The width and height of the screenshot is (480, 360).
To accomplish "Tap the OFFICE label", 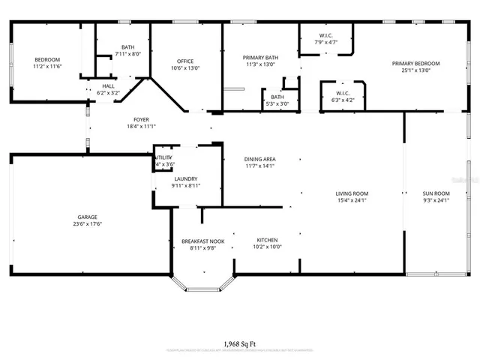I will coord(185,61).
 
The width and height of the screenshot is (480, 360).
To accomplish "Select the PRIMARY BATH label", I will coord(260,58).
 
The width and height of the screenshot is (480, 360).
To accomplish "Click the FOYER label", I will coord(141,119).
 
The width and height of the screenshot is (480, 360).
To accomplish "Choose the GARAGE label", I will coord(87,217).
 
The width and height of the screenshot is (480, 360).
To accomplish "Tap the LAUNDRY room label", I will coord(185,178).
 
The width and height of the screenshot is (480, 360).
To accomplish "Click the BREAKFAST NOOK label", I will coord(199,241).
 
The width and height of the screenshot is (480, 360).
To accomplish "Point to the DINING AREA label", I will coord(260,159).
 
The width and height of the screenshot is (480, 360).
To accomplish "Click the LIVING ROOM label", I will coord(352,193).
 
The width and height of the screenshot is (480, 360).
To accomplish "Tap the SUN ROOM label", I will coord(435,193).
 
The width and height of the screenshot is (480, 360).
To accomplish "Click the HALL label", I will coord(109,86).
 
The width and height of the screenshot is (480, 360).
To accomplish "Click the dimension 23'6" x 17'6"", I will coord(87,224).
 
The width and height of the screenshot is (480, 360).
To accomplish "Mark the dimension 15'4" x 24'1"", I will coord(352,201).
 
